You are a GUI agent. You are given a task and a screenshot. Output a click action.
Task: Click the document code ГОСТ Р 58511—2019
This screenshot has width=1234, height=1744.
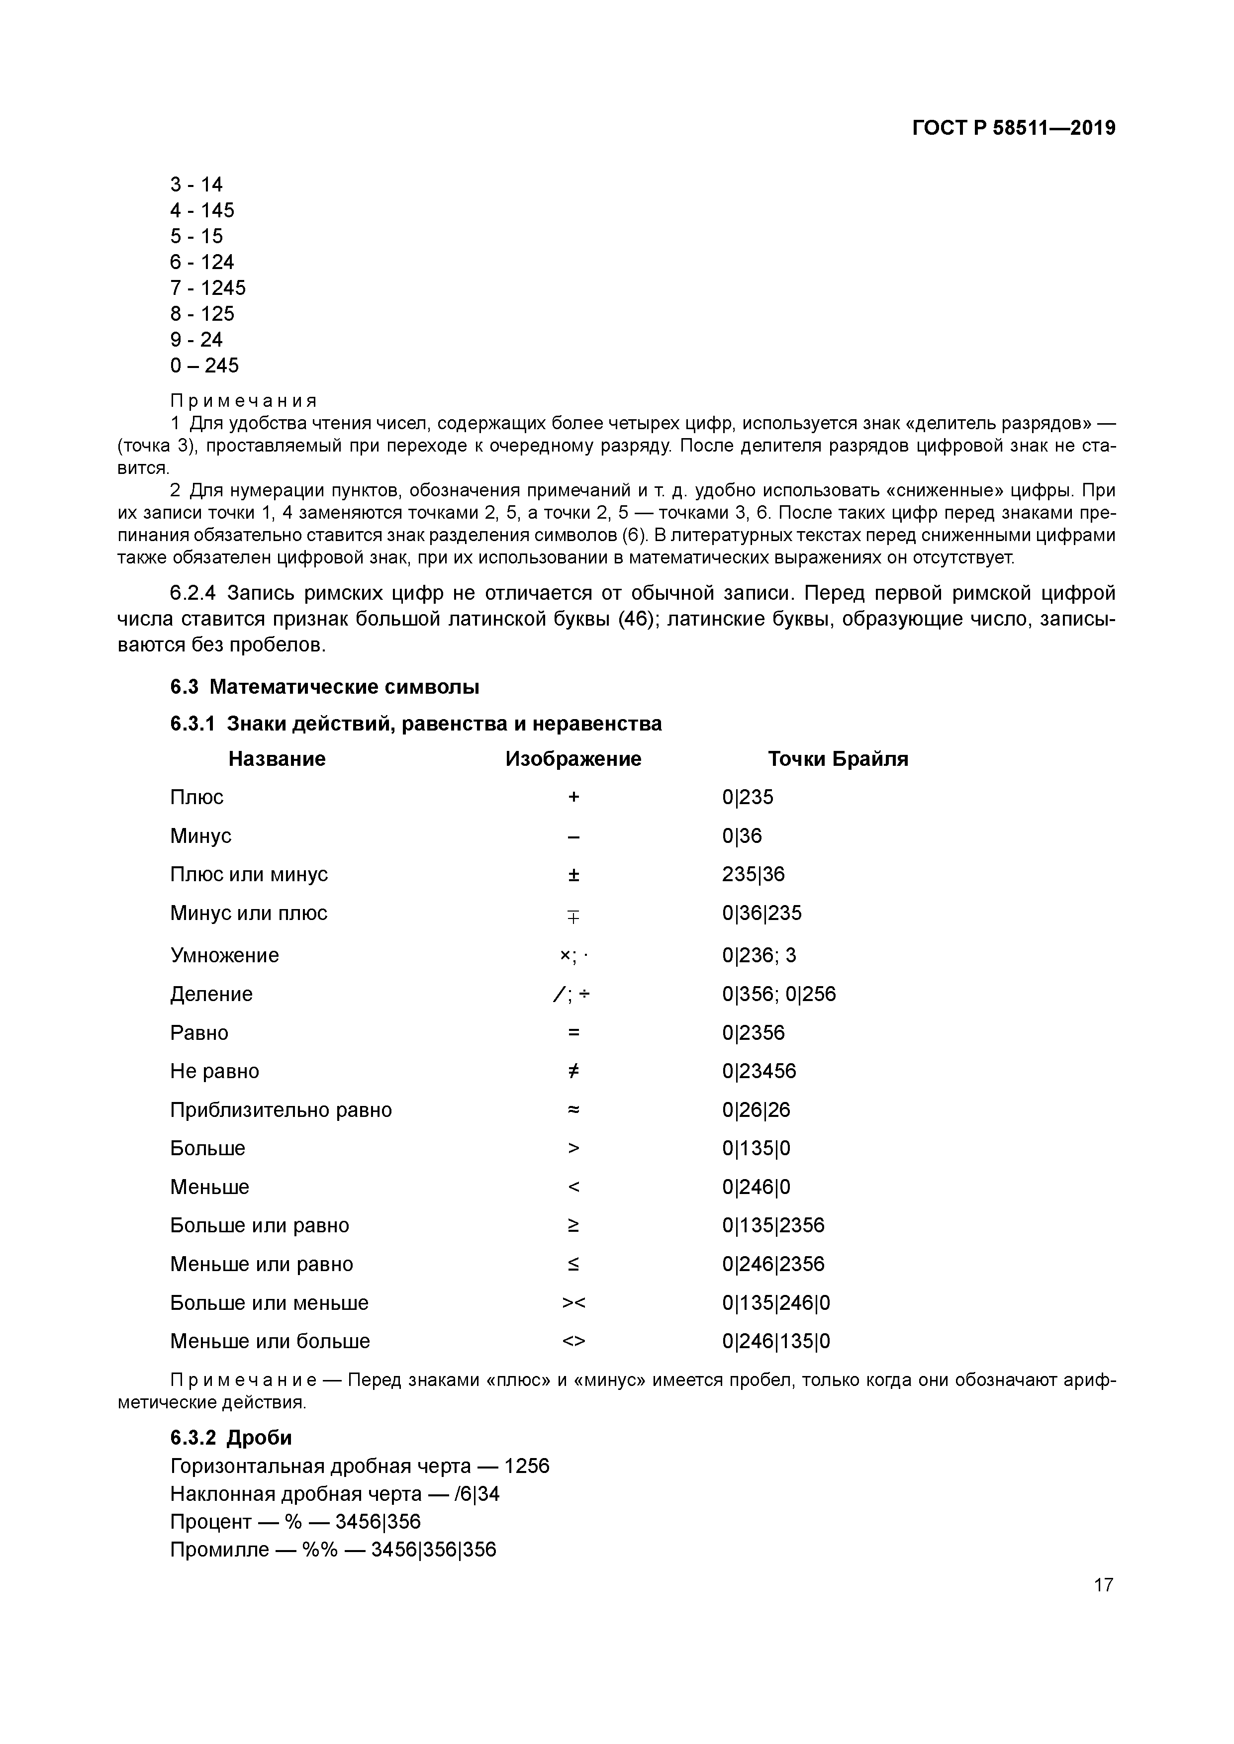coord(1014,128)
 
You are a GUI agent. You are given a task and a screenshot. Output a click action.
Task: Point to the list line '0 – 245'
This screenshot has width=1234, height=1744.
coord(204,366)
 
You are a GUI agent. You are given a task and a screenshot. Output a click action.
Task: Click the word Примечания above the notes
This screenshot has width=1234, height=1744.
coord(243,400)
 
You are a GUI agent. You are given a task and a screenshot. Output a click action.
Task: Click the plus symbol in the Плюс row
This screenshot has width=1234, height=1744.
coord(573,797)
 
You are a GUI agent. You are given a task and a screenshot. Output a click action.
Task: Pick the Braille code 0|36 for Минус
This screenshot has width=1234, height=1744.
coord(742,835)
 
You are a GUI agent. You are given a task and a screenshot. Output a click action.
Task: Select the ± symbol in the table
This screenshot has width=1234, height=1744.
coord(573,874)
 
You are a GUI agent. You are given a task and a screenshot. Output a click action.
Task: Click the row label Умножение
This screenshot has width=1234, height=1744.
coord(224,955)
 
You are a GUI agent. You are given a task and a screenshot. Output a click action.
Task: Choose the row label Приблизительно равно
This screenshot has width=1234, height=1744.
coord(281,1110)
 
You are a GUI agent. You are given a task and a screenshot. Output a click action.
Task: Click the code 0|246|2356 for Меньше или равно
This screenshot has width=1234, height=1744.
coord(773,1264)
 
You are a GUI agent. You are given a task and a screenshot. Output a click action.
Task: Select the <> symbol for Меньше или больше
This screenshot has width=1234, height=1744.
coord(573,1341)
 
